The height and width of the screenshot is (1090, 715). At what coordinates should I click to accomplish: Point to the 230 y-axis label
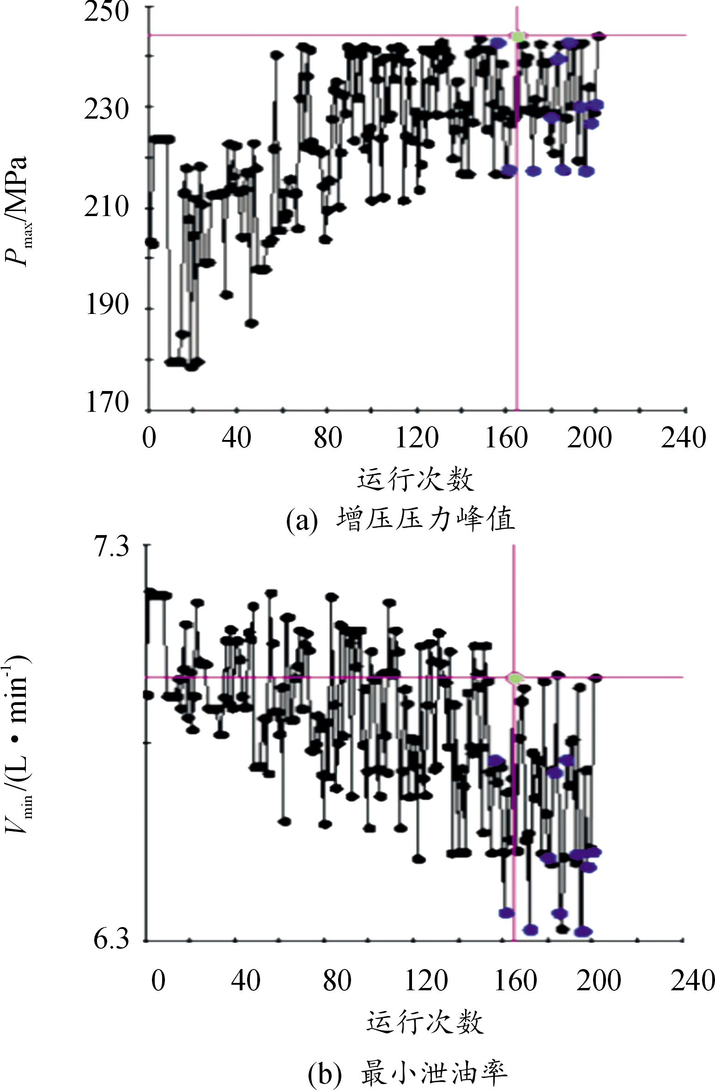click(x=106, y=110)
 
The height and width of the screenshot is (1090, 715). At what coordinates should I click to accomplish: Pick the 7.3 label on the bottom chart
click(x=111, y=547)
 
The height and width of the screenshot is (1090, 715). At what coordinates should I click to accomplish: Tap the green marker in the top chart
click(x=518, y=36)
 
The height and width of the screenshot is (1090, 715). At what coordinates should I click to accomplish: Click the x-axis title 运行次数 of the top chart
click(x=415, y=479)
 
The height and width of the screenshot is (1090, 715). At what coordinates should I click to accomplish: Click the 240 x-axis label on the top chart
click(x=683, y=438)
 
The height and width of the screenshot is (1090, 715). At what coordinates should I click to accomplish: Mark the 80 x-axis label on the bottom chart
click(x=337, y=981)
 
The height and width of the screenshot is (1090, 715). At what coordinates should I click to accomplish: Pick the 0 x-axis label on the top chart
click(x=149, y=438)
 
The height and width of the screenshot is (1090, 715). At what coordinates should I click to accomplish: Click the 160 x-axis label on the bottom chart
click(x=515, y=981)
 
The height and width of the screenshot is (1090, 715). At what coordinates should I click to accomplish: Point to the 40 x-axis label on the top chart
click(x=236, y=438)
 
